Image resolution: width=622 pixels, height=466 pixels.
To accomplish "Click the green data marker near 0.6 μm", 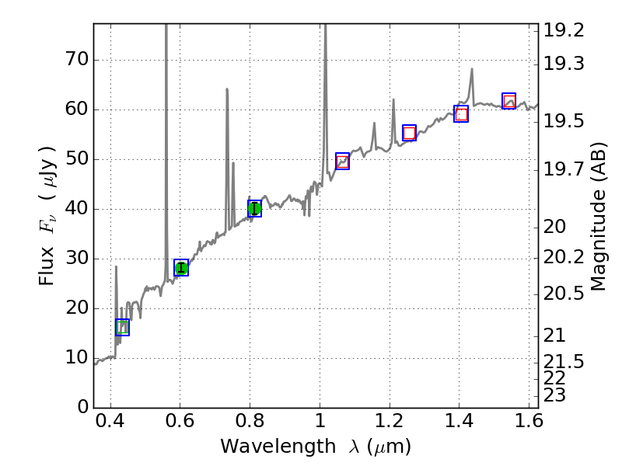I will coord(181,268).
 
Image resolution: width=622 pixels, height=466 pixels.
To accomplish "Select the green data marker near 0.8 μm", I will coord(254,208).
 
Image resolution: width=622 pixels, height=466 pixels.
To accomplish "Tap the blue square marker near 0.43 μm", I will coord(122,327).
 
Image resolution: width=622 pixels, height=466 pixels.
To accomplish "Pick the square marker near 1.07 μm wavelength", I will coord(342,162).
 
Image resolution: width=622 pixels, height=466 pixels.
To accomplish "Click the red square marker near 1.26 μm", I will coord(409,133).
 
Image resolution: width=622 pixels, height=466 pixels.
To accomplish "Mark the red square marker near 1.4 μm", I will coord(461,114).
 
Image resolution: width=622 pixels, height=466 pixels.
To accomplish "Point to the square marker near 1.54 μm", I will coord(508,101).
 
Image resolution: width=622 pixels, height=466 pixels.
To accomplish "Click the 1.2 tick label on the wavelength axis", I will coord(389,423).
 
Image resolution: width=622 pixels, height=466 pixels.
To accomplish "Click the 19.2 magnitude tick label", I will coord(564,30).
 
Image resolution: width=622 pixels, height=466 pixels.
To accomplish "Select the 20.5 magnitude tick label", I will coord(564,293).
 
